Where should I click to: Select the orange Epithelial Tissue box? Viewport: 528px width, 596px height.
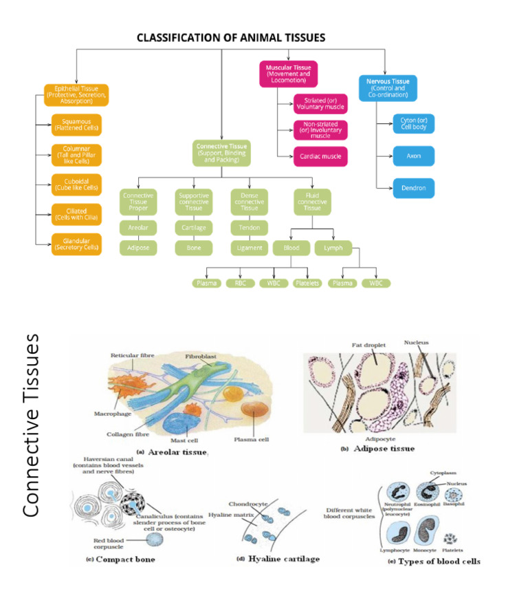click(x=76, y=95)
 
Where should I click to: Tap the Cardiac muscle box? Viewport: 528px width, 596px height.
click(x=320, y=156)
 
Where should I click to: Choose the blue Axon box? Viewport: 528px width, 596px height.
click(x=414, y=156)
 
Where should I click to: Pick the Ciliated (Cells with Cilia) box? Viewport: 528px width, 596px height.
click(x=76, y=214)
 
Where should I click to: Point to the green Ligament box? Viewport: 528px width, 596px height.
click(x=249, y=247)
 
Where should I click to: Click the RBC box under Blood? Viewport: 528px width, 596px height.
click(x=240, y=283)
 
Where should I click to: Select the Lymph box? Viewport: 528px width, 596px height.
click(x=333, y=247)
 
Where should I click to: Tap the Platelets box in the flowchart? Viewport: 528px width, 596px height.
click(x=307, y=283)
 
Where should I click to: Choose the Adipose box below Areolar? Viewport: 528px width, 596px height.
click(x=138, y=247)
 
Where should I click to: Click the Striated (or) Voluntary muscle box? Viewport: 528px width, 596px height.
click(x=320, y=104)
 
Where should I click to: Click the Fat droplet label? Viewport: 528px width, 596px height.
click(x=366, y=345)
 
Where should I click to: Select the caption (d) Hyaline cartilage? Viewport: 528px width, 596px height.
click(x=278, y=559)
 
